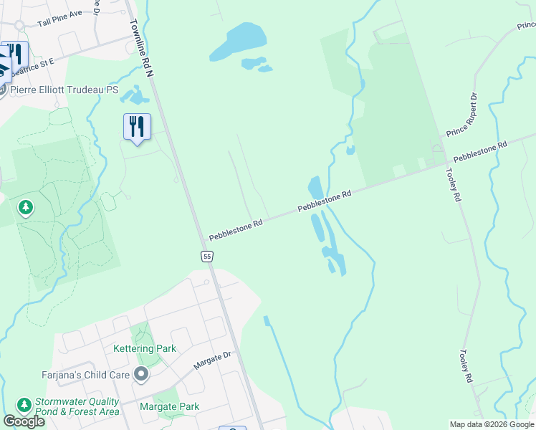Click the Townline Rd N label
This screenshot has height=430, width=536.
142,48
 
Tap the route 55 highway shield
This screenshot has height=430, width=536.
206,256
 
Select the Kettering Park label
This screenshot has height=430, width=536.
145,349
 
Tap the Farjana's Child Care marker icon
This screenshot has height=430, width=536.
142,374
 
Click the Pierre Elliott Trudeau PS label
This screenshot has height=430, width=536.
64,90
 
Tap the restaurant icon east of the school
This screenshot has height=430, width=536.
137,127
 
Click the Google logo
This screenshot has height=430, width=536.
24,421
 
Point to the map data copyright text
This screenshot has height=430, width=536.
492,424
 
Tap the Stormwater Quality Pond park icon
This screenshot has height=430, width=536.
24,406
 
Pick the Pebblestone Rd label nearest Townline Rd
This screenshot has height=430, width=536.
236,231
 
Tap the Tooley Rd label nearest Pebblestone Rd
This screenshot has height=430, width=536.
453,185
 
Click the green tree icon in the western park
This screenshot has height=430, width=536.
26,208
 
